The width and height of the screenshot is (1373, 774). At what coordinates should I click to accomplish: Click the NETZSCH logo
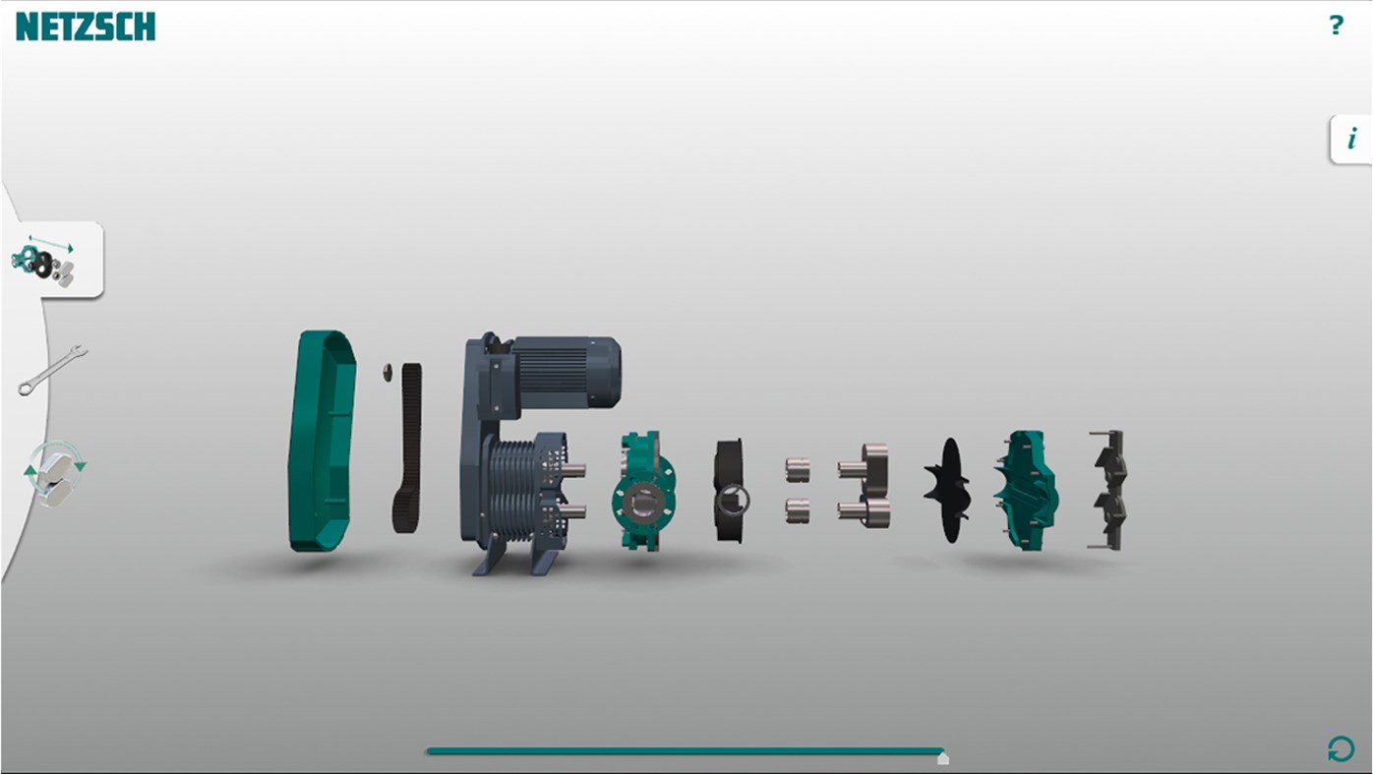(x=86, y=27)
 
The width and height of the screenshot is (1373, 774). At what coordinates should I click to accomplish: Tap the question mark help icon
(x=1336, y=26)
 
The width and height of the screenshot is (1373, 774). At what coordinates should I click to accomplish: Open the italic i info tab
(x=1351, y=140)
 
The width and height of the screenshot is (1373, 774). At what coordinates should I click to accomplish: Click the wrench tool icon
(x=52, y=370)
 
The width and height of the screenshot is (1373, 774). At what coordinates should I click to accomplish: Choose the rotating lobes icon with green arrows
(x=54, y=473)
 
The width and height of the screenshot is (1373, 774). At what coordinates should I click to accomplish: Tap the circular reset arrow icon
(x=1341, y=749)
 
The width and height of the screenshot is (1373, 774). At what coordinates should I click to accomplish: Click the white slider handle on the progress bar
(x=943, y=758)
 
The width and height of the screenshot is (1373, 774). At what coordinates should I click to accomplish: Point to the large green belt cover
(x=322, y=440)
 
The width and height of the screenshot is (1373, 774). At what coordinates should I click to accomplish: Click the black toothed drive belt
(x=407, y=447)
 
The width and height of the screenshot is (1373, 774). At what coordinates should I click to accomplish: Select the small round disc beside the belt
(x=387, y=371)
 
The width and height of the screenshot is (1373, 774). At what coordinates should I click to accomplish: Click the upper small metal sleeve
(x=798, y=470)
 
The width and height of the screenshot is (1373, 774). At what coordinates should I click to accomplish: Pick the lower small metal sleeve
(x=798, y=510)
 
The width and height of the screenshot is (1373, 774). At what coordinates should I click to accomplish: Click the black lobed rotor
(x=948, y=490)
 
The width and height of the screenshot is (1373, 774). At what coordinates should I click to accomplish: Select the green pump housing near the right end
(x=1025, y=490)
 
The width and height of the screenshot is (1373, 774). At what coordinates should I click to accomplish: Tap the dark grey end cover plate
(x=1108, y=490)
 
